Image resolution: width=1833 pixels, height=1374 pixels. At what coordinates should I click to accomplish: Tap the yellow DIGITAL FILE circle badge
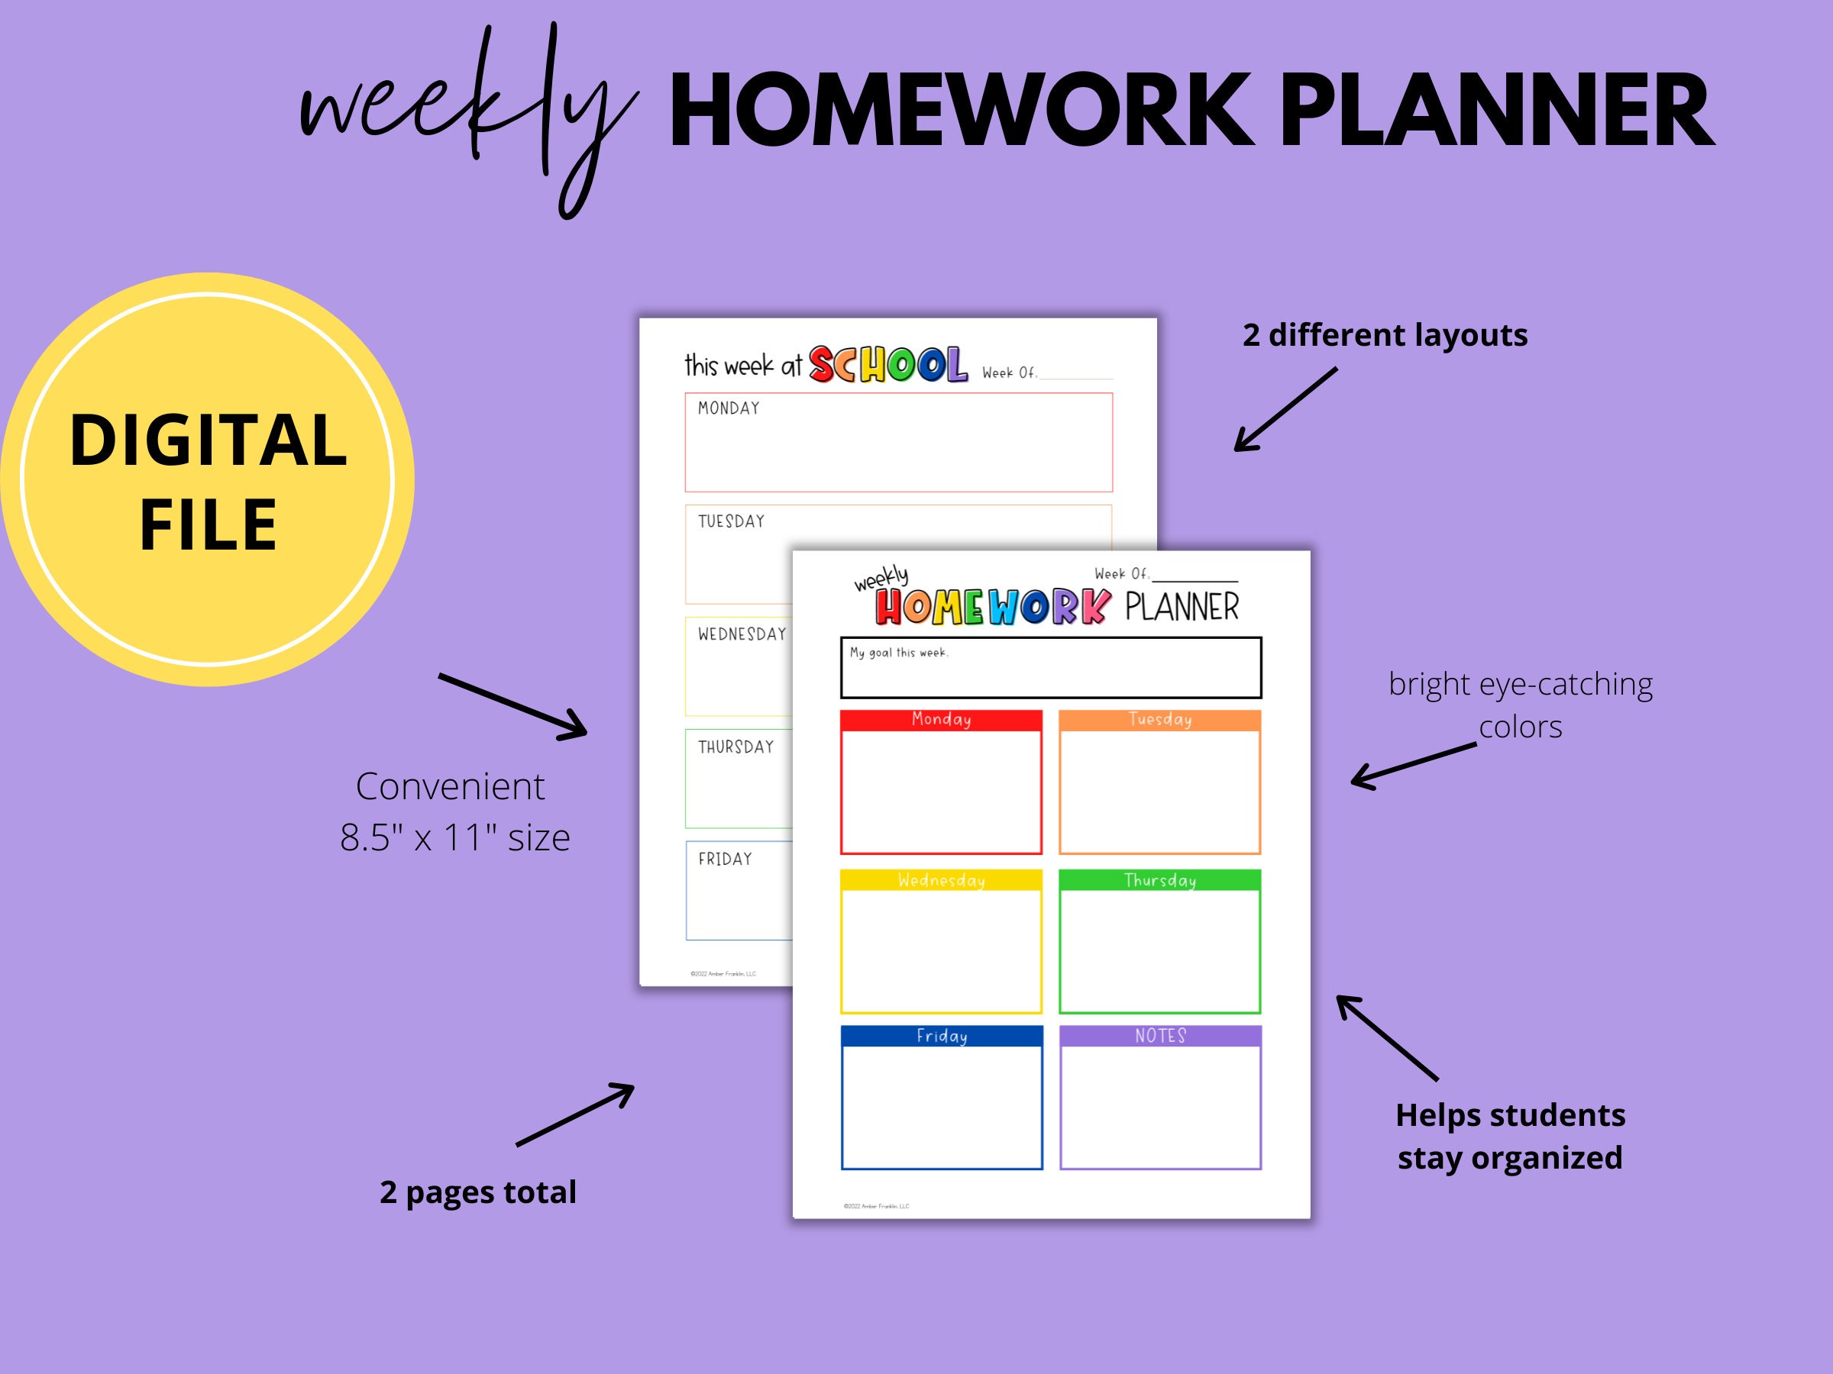(207, 479)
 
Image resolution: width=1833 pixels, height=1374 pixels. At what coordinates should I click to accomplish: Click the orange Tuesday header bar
(1159, 720)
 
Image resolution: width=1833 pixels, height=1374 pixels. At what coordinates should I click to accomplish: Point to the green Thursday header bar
(1159, 880)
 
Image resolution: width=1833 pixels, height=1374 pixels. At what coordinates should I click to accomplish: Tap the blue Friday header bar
(942, 1036)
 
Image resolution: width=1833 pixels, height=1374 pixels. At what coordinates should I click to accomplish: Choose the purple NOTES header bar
(1160, 1036)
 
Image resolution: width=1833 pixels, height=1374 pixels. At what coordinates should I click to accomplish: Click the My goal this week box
(1051, 668)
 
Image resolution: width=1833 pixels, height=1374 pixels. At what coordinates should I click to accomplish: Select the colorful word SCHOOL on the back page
(887, 365)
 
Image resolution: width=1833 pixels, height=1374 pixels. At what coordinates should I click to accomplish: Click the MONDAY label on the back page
(729, 408)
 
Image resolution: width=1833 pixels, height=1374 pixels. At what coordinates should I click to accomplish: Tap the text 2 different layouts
(1385, 335)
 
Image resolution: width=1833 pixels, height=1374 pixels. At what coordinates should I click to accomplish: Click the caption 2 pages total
(477, 1192)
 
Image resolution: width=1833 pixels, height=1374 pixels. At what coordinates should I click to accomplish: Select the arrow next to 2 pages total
(574, 1114)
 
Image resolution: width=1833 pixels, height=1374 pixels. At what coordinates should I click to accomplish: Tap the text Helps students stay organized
(1510, 1137)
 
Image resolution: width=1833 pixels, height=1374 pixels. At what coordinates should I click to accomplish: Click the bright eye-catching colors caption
(1520, 705)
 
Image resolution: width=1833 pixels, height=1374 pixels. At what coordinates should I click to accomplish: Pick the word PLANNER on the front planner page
(1182, 608)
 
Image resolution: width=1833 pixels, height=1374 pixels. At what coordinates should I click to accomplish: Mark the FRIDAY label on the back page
(725, 860)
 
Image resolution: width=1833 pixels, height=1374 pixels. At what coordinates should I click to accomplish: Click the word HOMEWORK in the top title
(961, 111)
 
